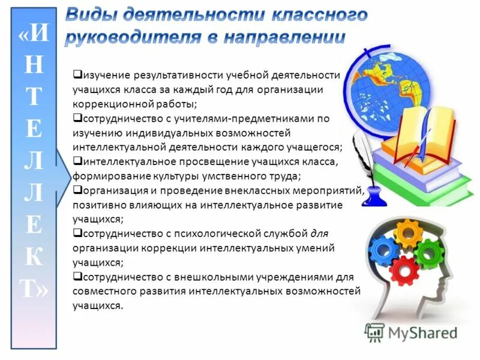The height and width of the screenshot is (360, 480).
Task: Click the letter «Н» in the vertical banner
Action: click(35, 65)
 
